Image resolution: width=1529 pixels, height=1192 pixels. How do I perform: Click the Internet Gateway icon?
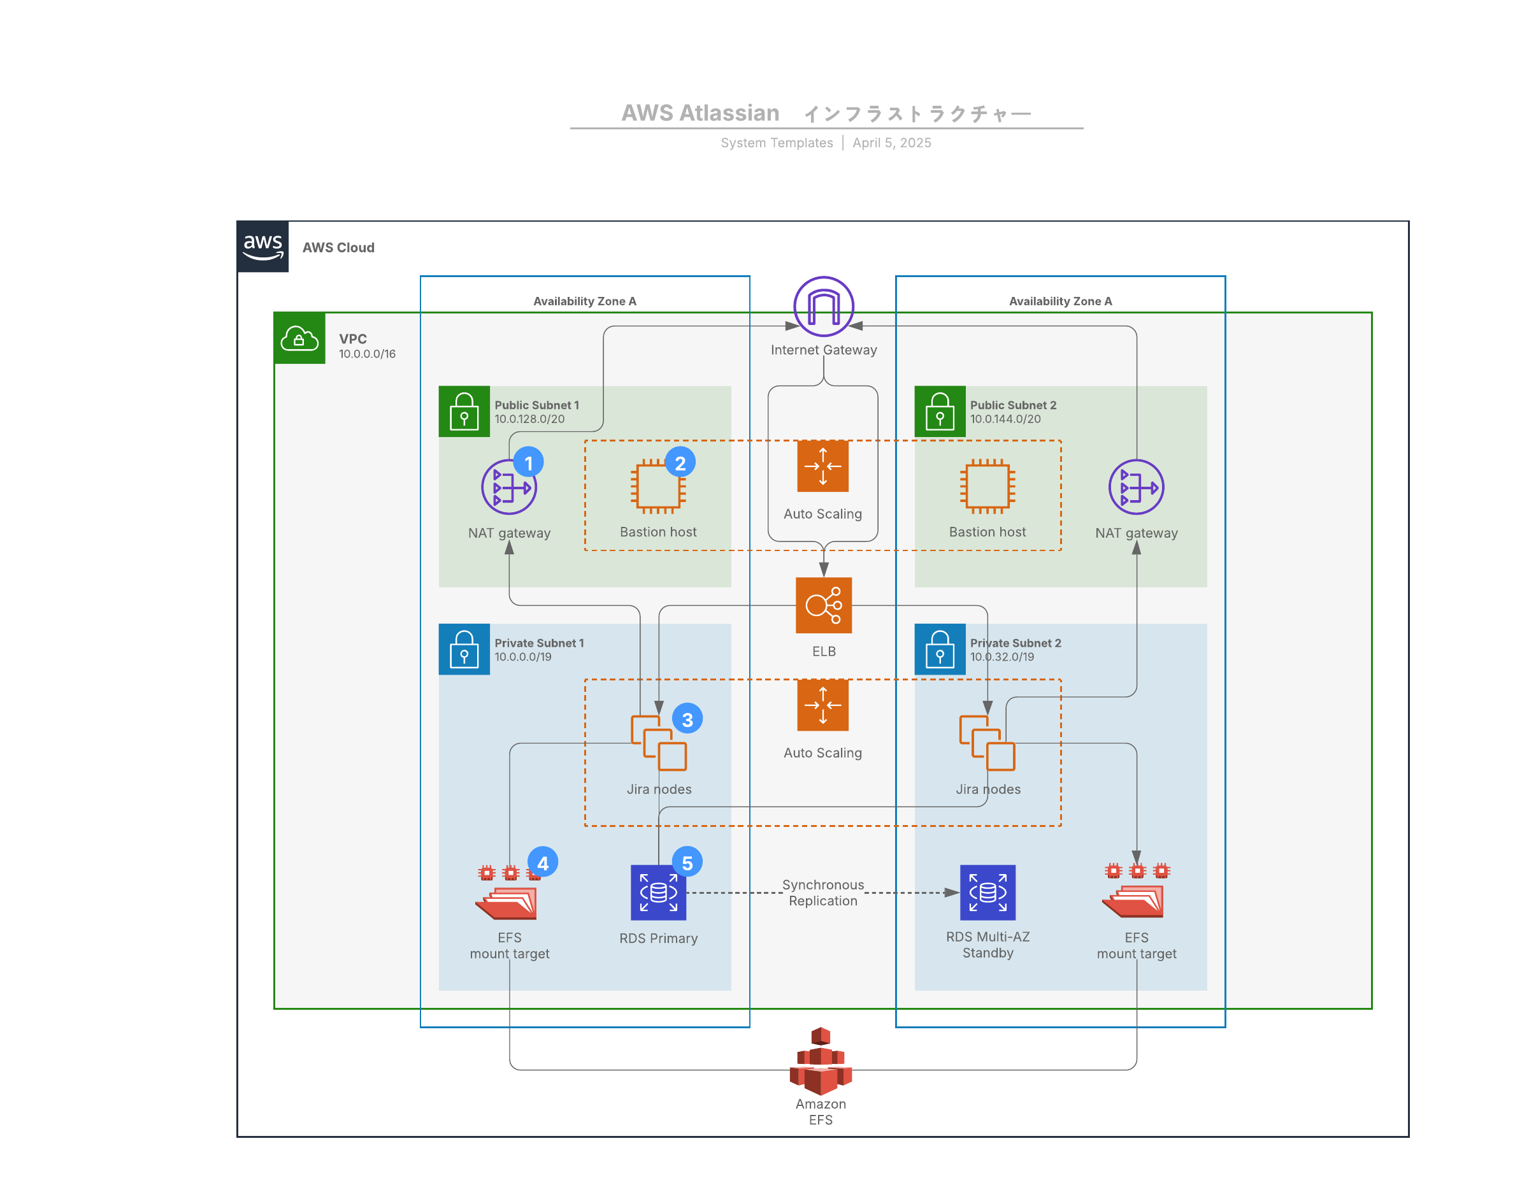click(x=823, y=306)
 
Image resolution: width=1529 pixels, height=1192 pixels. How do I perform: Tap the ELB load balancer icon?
click(x=823, y=605)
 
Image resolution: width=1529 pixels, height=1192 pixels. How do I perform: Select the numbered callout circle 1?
click(x=529, y=463)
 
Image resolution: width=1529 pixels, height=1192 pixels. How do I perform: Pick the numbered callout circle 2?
click(x=680, y=463)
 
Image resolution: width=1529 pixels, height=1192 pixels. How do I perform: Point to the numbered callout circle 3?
click(x=687, y=719)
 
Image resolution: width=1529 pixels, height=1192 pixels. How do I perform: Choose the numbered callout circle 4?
click(x=543, y=863)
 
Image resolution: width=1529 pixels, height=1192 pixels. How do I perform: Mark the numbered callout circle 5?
click(x=687, y=863)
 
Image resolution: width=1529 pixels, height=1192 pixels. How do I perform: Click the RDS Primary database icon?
click(x=658, y=893)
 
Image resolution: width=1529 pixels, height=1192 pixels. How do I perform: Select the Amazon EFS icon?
click(x=821, y=1061)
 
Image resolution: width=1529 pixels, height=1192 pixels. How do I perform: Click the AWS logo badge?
click(x=262, y=247)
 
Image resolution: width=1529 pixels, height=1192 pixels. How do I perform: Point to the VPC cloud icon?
click(x=299, y=339)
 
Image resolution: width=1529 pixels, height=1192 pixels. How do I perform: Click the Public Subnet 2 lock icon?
click(x=940, y=412)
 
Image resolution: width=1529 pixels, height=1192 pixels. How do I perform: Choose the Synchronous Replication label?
click(x=822, y=893)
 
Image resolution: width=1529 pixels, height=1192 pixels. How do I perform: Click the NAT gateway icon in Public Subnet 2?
click(x=1137, y=487)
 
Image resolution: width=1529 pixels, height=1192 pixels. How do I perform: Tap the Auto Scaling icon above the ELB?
click(x=822, y=466)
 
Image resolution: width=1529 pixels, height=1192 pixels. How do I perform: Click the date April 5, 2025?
click(x=891, y=143)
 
